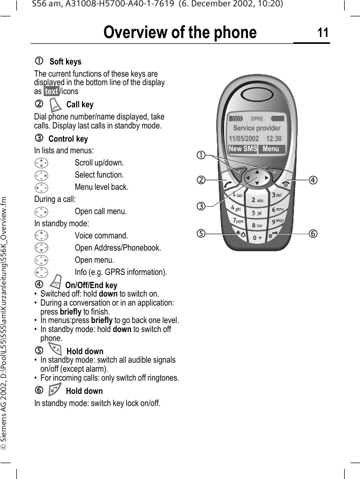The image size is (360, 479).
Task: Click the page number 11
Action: [x=322, y=33]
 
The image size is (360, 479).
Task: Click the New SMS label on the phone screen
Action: [x=243, y=149]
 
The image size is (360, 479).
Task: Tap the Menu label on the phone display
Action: [x=271, y=149]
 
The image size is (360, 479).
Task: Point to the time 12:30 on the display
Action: [x=273, y=139]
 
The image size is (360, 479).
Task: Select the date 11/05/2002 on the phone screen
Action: [x=244, y=139]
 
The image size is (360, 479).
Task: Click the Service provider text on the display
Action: [x=257, y=128]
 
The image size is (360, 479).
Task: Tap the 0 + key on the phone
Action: [x=257, y=238]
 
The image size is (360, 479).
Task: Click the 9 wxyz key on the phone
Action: [x=278, y=221]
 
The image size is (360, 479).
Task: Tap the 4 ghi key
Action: [x=236, y=209]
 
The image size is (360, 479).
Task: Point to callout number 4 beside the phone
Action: [x=313, y=180]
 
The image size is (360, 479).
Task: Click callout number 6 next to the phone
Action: [x=313, y=234]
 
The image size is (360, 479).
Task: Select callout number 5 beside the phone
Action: [x=201, y=234]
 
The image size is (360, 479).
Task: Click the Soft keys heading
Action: [x=65, y=62]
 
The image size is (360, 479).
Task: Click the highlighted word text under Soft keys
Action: [x=51, y=91]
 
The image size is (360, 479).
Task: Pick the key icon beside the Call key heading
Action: [x=56, y=104]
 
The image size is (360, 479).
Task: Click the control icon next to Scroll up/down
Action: [x=41, y=163]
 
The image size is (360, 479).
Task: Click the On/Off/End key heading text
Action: [x=91, y=285]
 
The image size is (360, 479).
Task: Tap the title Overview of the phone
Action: [x=180, y=33]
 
